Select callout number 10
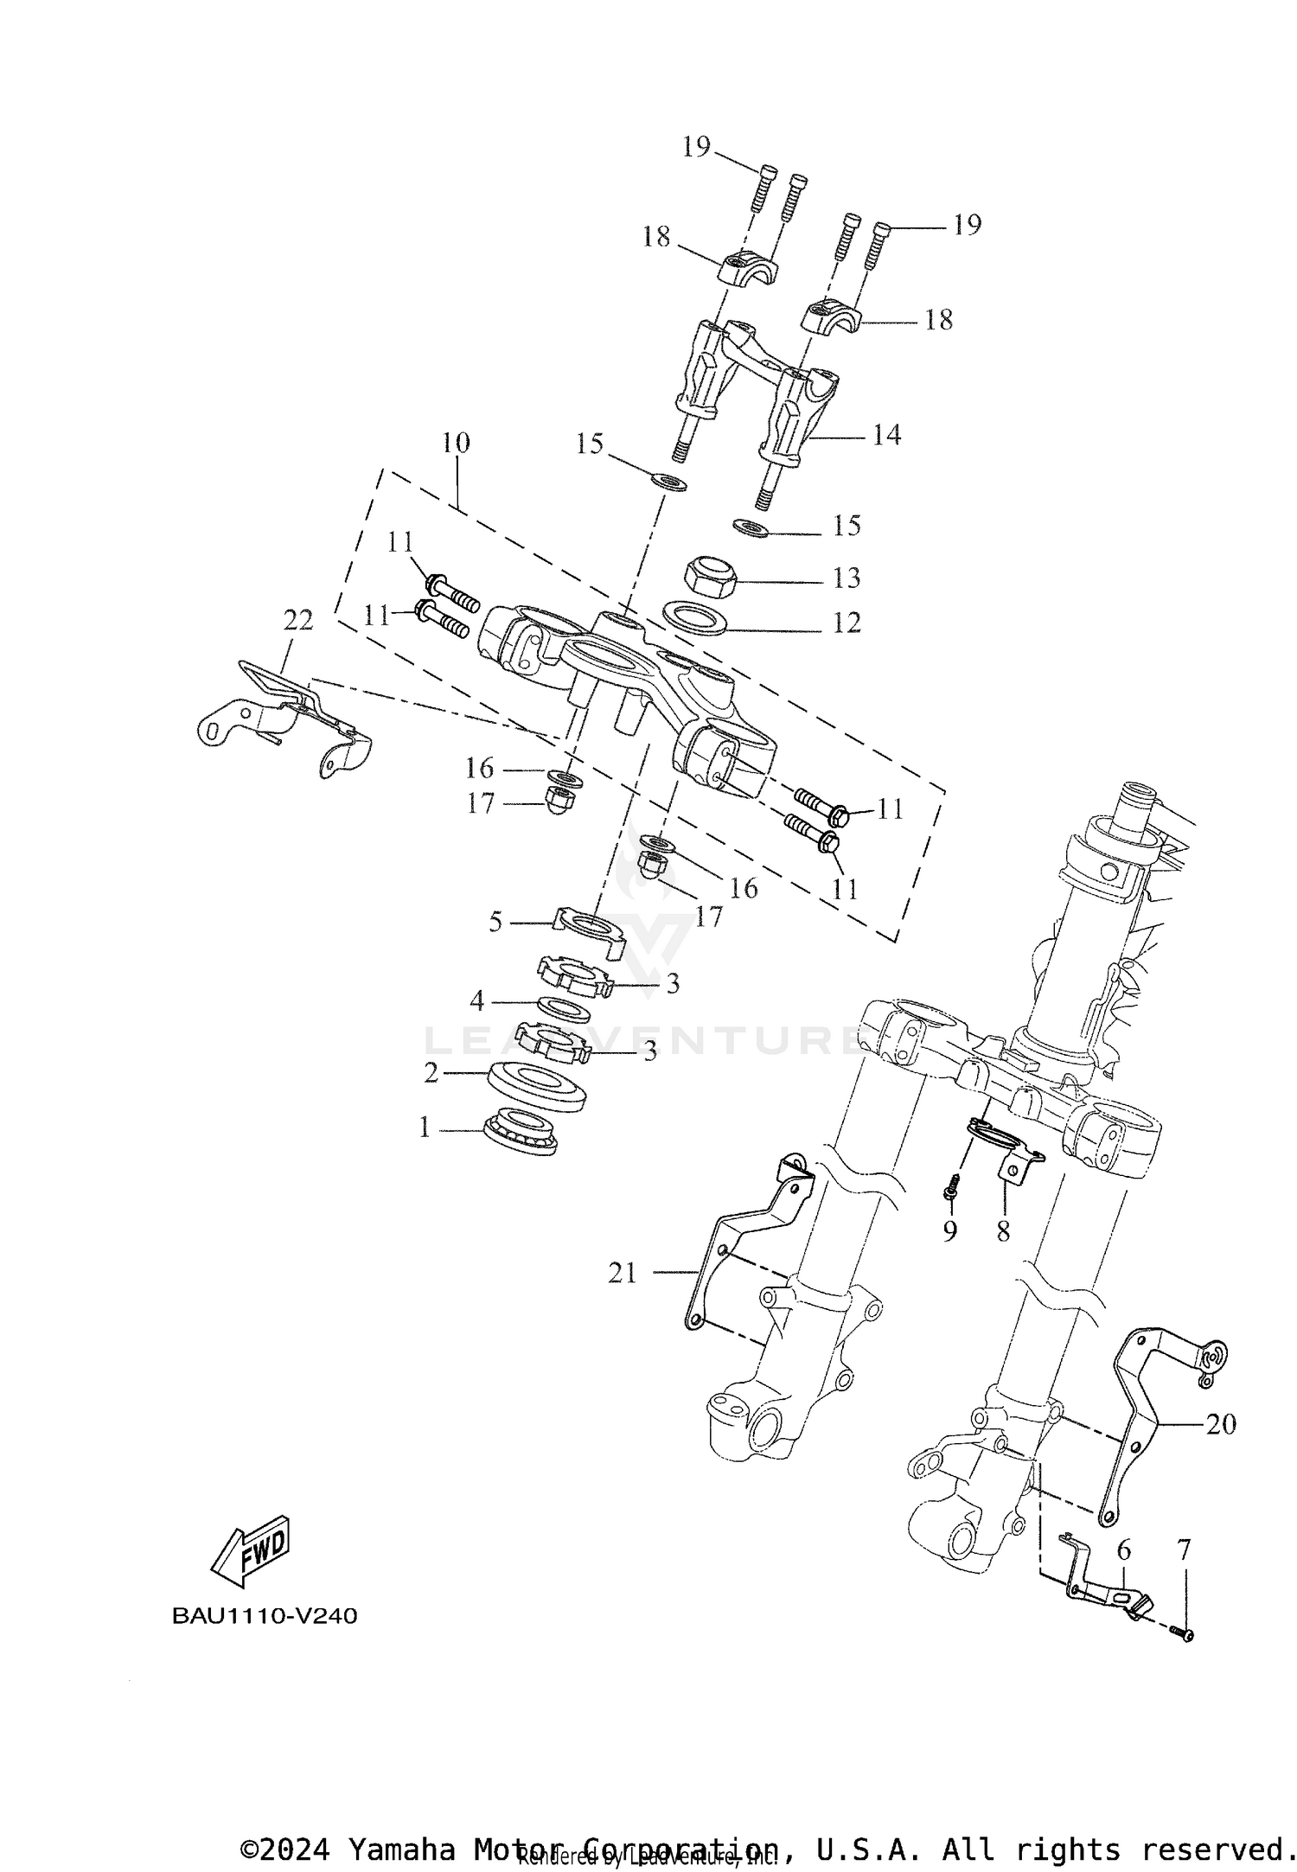coord(456,443)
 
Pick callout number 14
coord(886,435)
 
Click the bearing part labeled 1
coord(520,1129)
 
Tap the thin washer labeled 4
coord(564,1008)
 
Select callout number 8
coord(1003,1231)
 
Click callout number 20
coord(1221,1423)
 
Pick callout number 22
coord(298,619)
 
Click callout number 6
coord(1123,1550)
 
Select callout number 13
coord(847,578)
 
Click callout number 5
coord(495,922)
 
